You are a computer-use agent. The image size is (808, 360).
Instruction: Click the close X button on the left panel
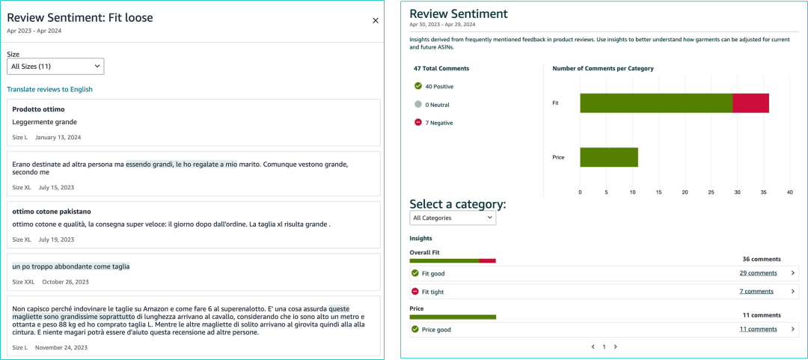[x=376, y=21]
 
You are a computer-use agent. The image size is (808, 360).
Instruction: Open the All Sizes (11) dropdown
[x=55, y=67]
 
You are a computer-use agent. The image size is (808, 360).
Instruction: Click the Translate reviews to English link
[x=49, y=89]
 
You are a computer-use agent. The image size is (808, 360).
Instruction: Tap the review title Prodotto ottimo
[x=38, y=109]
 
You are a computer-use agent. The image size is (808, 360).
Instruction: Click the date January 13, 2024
[x=58, y=138]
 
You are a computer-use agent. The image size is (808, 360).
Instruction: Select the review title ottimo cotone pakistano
[x=52, y=212]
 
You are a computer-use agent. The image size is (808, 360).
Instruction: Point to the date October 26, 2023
[x=65, y=282]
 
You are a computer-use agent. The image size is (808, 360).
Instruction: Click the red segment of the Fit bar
[x=750, y=103]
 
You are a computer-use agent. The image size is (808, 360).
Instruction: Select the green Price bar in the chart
[x=608, y=157]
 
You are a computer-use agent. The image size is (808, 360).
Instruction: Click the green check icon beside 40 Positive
[x=418, y=86]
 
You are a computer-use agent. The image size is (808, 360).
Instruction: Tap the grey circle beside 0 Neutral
[x=418, y=105]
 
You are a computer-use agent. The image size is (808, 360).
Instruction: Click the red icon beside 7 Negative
[x=418, y=123]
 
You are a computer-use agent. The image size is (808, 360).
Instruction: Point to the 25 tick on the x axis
[x=711, y=192]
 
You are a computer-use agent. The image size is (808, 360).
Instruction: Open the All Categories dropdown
[x=453, y=218]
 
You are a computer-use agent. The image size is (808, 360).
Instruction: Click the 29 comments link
[x=758, y=273]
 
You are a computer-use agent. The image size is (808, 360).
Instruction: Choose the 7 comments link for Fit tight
[x=756, y=291]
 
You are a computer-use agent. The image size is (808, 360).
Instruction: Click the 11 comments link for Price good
[x=758, y=329]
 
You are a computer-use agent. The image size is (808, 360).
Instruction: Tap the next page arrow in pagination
[x=615, y=347]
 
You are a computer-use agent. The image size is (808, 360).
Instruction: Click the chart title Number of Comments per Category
[x=602, y=69]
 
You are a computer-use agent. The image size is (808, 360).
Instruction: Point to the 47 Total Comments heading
[x=441, y=69]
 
